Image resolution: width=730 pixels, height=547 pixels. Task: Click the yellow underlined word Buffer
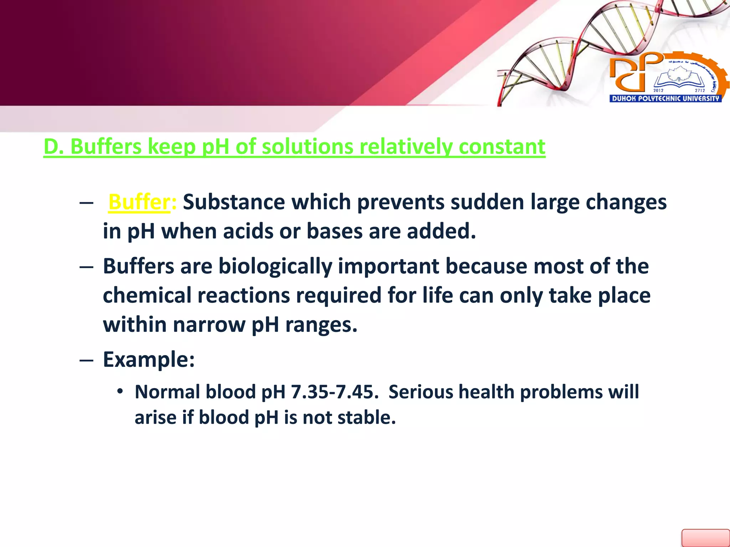(139, 202)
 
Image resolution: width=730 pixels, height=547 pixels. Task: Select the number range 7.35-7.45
(334, 392)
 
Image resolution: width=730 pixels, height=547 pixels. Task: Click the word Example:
(149, 359)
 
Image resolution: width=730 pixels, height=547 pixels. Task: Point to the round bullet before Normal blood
(120, 392)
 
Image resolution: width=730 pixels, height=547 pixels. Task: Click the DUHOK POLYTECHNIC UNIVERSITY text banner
(665, 99)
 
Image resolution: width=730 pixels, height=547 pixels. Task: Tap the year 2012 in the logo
(658, 90)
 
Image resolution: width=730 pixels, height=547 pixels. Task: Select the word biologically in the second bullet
(275, 266)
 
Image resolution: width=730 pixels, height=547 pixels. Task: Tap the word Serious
(420, 392)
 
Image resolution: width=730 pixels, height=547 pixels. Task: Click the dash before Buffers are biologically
(86, 267)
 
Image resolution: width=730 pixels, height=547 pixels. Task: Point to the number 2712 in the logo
(700, 90)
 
